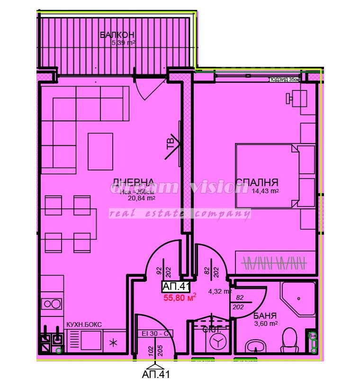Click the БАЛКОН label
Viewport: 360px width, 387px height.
click(117, 35)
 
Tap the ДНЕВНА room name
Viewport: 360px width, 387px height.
click(133, 182)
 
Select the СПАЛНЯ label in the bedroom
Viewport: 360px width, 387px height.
click(257, 182)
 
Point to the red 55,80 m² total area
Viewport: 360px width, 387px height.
click(180, 298)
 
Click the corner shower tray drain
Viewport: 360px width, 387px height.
click(299, 298)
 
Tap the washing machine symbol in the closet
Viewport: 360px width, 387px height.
click(217, 342)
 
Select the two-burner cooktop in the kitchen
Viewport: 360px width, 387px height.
click(51, 304)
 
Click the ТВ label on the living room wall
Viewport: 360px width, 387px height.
click(171, 143)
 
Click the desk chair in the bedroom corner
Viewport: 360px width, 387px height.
click(289, 98)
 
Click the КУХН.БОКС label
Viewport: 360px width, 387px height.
click(84, 324)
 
